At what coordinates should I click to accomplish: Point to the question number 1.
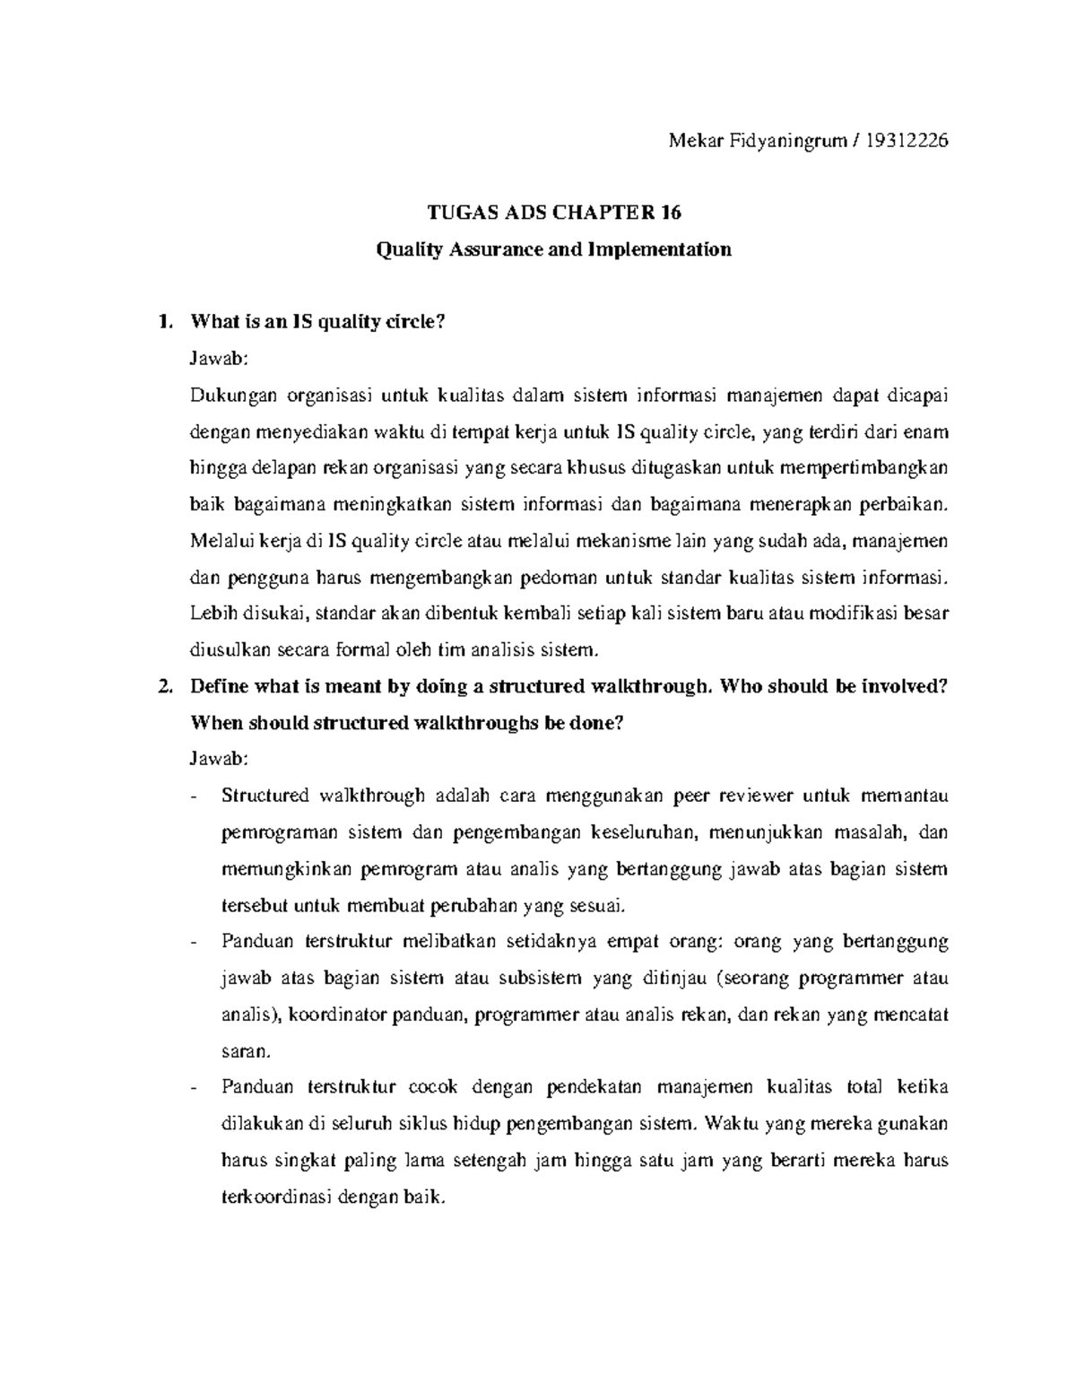pos(161,323)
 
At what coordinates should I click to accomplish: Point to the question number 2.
pos(161,686)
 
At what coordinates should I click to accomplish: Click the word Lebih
pos(211,613)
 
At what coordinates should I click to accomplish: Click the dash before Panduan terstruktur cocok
pos(195,1087)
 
